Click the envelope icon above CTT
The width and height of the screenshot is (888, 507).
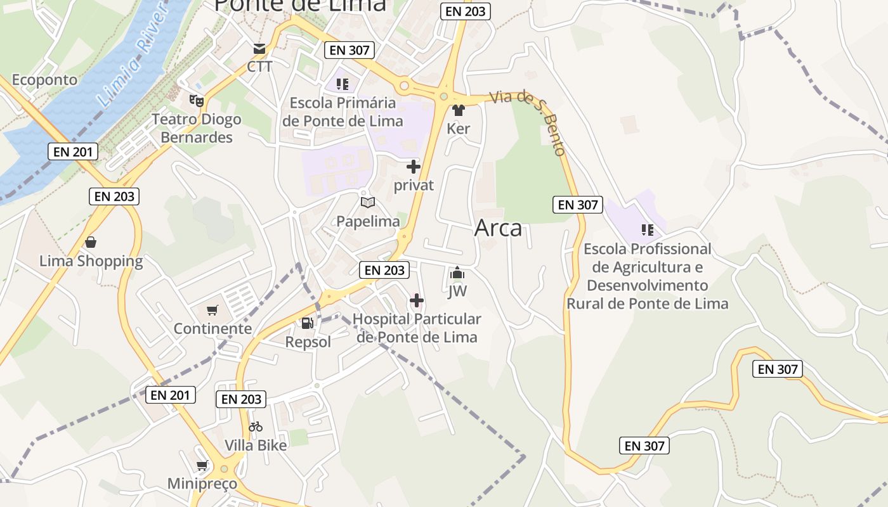tap(259, 49)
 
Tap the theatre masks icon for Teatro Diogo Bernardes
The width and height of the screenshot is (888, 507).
tap(196, 100)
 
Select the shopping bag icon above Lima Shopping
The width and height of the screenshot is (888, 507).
tap(91, 242)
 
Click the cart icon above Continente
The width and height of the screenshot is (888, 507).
tap(212, 311)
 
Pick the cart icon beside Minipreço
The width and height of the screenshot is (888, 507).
tap(202, 466)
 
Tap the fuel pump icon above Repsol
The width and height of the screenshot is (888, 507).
tap(308, 323)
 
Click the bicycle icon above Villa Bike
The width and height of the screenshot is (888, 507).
tap(256, 427)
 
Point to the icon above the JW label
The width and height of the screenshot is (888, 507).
tap(457, 274)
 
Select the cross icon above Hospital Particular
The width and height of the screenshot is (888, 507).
tap(417, 300)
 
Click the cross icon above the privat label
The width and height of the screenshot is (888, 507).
tap(414, 167)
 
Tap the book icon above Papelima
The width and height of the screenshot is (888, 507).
tap(368, 203)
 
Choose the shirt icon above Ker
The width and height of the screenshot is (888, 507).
tap(459, 110)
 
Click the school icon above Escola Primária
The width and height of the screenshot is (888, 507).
tap(343, 84)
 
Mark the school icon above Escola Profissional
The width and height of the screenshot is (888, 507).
tap(647, 229)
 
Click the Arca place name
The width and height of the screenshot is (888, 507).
tap(498, 228)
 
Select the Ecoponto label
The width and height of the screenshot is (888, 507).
tap(44, 80)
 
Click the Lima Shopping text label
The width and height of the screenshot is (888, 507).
tap(91, 261)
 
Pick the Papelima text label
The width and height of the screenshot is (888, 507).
tap(368, 221)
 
